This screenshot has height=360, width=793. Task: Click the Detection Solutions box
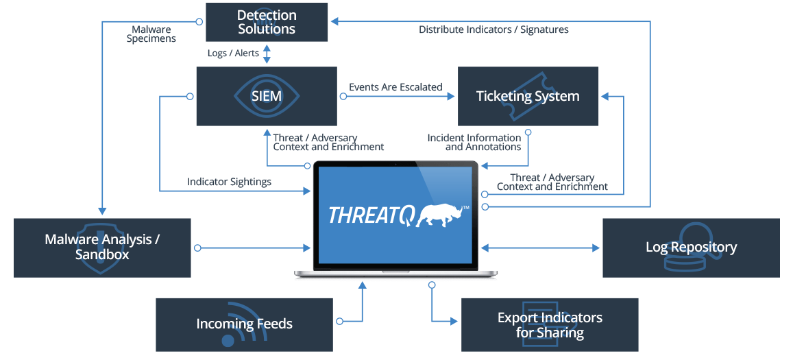pyautogui.click(x=267, y=22)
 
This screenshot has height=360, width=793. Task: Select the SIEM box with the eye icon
pyautogui.click(x=266, y=96)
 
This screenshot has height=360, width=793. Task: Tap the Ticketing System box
pyautogui.click(x=528, y=96)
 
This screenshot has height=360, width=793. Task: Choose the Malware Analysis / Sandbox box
pyautogui.click(x=102, y=248)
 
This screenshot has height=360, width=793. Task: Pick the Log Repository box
pyautogui.click(x=691, y=248)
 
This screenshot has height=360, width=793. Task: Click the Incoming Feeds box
pyautogui.click(x=244, y=324)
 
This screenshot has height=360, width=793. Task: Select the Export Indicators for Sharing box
pyautogui.click(x=550, y=325)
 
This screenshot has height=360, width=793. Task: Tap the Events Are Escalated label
pyautogui.click(x=395, y=87)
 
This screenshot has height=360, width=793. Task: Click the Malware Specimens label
pyautogui.click(x=151, y=34)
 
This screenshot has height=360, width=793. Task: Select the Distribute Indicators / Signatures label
pyautogui.click(x=493, y=29)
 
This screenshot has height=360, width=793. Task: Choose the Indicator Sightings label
pyautogui.click(x=229, y=182)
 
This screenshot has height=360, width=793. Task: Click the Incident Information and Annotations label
pyautogui.click(x=474, y=142)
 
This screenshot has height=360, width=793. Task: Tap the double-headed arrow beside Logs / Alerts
pyautogui.click(x=267, y=53)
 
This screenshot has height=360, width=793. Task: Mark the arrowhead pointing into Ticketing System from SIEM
pyautogui.click(x=452, y=96)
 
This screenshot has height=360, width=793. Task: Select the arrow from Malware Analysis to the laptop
pyautogui.click(x=254, y=248)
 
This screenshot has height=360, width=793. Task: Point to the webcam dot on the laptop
pyautogui.click(x=396, y=165)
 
